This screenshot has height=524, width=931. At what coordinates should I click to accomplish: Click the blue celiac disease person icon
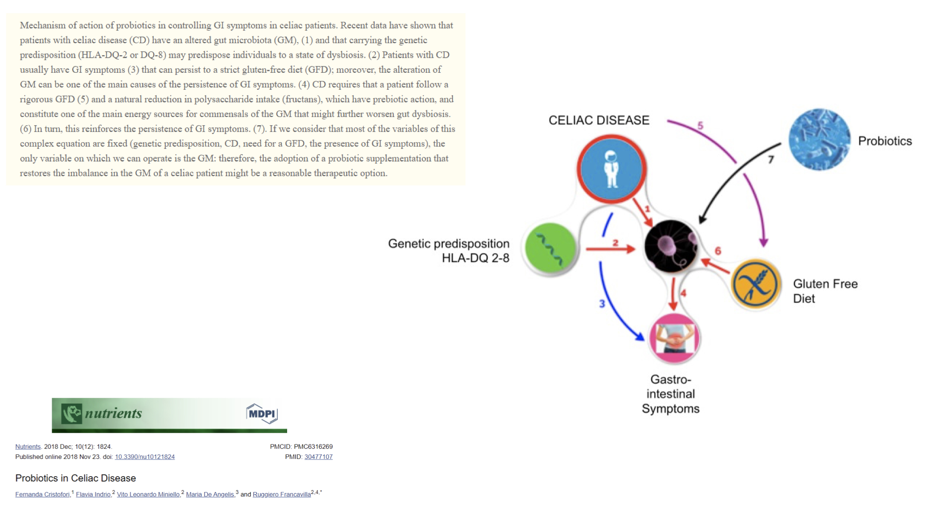(x=611, y=169)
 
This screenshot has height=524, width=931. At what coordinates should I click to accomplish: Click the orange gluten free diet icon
(x=755, y=284)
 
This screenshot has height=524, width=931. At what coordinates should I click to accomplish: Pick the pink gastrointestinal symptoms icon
(x=674, y=338)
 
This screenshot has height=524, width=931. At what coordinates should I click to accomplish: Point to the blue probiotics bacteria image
(x=819, y=140)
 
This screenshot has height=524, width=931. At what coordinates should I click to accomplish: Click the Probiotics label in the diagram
(x=885, y=141)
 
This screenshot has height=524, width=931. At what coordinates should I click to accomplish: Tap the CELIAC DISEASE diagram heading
(x=599, y=120)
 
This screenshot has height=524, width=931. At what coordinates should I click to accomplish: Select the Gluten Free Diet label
(x=825, y=291)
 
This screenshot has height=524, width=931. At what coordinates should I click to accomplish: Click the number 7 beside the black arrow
(x=771, y=160)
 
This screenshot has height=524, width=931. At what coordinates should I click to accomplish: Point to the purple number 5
(x=700, y=125)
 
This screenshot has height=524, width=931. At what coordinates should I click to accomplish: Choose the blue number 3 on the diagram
(x=602, y=304)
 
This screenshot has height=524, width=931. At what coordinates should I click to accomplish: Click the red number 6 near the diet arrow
(x=718, y=250)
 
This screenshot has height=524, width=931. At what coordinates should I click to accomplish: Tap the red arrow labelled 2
(x=610, y=249)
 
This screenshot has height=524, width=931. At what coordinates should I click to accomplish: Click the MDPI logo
(x=262, y=414)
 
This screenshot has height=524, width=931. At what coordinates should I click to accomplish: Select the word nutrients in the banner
(x=113, y=413)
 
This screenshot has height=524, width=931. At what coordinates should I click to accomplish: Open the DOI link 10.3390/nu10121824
(x=144, y=457)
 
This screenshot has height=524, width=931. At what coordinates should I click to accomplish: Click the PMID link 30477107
(x=319, y=457)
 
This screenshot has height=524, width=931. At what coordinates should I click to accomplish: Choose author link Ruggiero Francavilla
(x=282, y=494)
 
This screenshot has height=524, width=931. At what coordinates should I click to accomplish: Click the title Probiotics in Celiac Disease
(x=76, y=478)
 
